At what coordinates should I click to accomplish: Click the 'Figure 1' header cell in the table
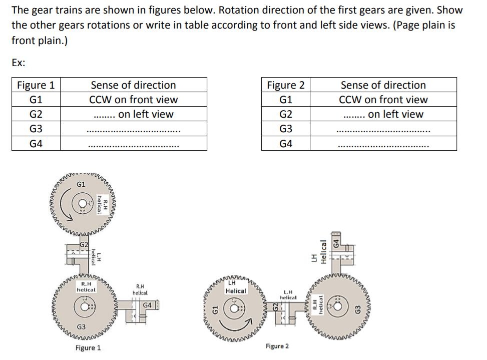(36, 85)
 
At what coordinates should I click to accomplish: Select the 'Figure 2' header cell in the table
(286, 85)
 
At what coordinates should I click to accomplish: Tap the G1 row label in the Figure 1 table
(36, 99)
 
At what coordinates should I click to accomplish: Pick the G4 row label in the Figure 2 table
(286, 144)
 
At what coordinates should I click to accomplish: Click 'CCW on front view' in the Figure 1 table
(133, 99)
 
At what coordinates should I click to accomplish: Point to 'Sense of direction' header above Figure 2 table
(383, 85)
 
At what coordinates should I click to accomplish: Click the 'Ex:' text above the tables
(19, 63)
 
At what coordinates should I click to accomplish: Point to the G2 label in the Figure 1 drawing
(84, 245)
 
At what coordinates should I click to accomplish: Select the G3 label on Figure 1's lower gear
(81, 326)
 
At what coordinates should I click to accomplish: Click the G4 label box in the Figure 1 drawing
(148, 305)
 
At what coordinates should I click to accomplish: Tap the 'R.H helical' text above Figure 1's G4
(140, 289)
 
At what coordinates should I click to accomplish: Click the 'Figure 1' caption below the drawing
(88, 347)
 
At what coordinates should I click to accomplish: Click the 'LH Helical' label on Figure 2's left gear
(235, 287)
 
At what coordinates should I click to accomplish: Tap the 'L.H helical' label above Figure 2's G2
(288, 294)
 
